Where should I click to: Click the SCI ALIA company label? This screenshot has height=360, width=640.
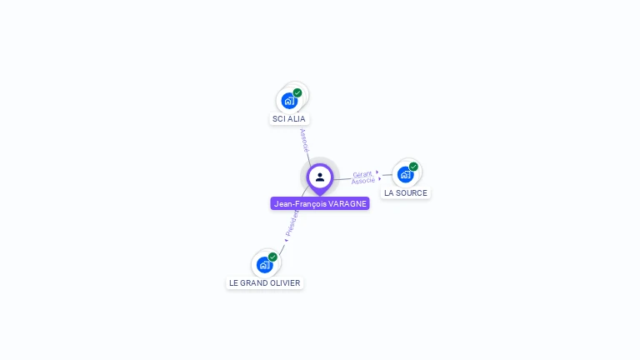click(x=289, y=119)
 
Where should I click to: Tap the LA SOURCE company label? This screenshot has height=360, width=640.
click(x=406, y=193)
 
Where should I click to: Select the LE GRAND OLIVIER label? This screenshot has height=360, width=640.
click(x=265, y=283)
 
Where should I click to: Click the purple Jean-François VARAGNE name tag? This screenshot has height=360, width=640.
click(x=320, y=203)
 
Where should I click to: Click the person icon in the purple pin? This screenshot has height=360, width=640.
click(x=320, y=177)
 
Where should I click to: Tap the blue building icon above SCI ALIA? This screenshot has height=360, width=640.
click(x=288, y=101)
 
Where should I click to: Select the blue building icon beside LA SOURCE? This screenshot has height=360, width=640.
click(x=405, y=174)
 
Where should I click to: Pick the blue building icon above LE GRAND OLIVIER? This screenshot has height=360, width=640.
click(x=264, y=265)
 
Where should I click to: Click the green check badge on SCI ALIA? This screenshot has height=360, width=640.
click(x=297, y=92)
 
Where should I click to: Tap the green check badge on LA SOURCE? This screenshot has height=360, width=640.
click(x=413, y=167)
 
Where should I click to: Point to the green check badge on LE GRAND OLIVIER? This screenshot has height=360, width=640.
click(x=272, y=257)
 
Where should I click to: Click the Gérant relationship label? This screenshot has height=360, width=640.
click(x=362, y=174)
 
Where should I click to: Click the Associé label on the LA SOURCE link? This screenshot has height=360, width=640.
click(x=363, y=181)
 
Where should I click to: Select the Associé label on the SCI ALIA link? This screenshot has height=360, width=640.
click(x=304, y=138)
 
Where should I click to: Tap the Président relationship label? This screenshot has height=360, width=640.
click(x=292, y=224)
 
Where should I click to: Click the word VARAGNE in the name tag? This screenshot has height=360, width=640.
click(x=347, y=203)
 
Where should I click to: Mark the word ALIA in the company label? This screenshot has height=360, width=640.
click(x=297, y=119)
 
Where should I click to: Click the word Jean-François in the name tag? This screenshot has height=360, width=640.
click(x=300, y=203)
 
